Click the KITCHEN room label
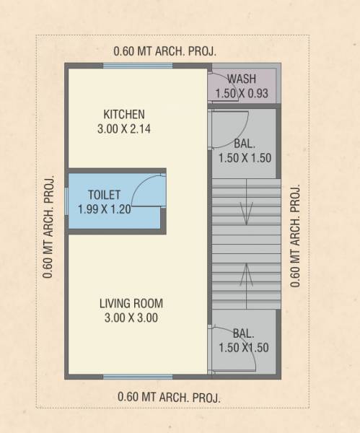pyautogui.click(x=124, y=115)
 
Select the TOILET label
pyautogui.click(x=104, y=195)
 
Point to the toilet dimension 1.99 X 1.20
pyautogui.click(x=104, y=209)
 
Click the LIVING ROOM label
pyautogui.click(x=131, y=303)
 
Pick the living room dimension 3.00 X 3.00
pyautogui.click(x=129, y=318)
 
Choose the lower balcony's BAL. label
pyautogui.click(x=244, y=333)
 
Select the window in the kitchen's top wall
pyautogui.click(x=138, y=66)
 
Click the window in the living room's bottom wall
pyautogui.click(x=138, y=377)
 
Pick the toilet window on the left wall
pyautogui.click(x=66, y=201)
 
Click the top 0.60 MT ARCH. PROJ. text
pyautogui.click(x=165, y=51)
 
